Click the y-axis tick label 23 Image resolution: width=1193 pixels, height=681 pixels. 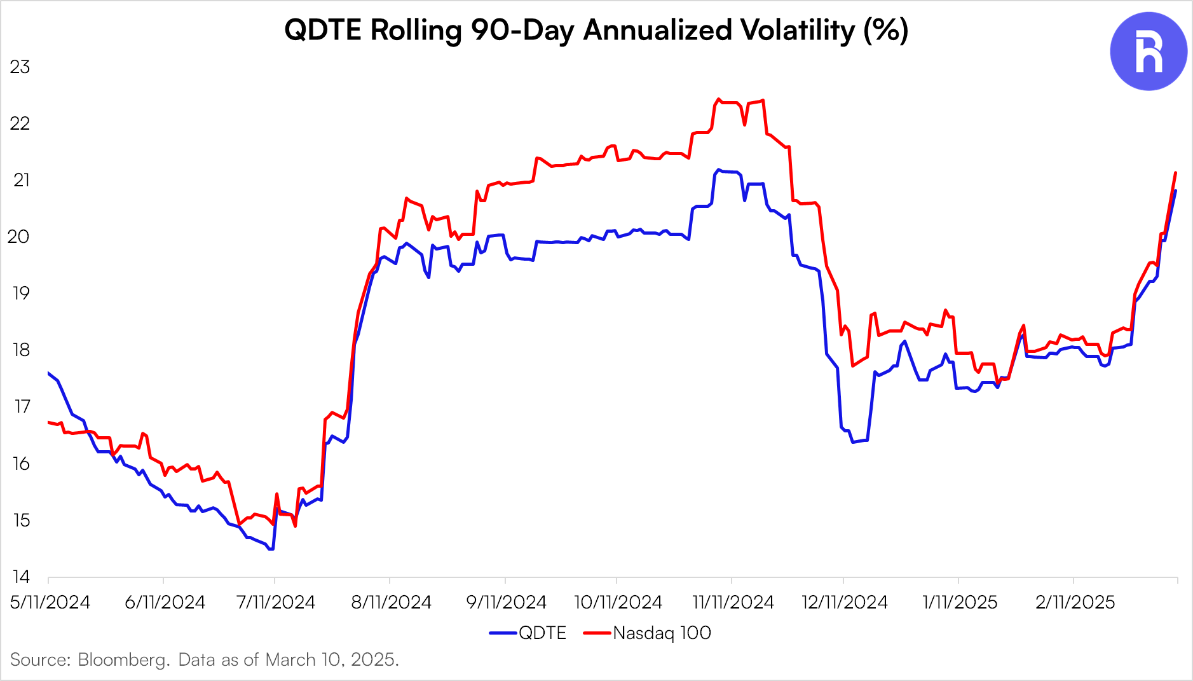pyautogui.click(x=20, y=67)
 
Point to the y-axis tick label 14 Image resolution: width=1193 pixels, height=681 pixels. pyautogui.click(x=20, y=577)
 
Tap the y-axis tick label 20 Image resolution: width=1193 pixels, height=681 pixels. pyautogui.click(x=19, y=237)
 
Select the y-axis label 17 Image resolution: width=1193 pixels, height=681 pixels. pyautogui.click(x=22, y=406)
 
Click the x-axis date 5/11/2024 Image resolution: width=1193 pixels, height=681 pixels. pyautogui.click(x=50, y=602)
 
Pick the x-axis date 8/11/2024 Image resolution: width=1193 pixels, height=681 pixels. pyautogui.click(x=391, y=602)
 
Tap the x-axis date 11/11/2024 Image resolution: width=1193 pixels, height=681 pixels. pyautogui.click(x=733, y=602)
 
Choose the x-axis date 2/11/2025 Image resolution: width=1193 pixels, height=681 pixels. pyautogui.click(x=1075, y=602)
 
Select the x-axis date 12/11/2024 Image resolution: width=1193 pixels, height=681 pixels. pyautogui.click(x=845, y=602)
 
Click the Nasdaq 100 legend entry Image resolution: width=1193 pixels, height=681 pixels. pyautogui.click(x=648, y=633)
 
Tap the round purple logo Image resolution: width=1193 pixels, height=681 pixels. pyautogui.click(x=1149, y=52)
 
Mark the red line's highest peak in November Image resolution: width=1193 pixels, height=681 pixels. pyautogui.click(x=719, y=99)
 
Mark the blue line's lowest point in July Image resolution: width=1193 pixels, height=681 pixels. pyautogui.click(x=271, y=549)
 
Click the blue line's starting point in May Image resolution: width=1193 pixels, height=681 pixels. pyautogui.click(x=49, y=373)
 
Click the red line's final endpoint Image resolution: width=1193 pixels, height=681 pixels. pyautogui.click(x=1175, y=172)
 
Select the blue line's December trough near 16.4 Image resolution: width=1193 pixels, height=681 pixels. pyautogui.click(x=853, y=441)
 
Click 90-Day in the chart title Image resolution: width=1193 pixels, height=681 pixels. pyautogui.click(x=523, y=30)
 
